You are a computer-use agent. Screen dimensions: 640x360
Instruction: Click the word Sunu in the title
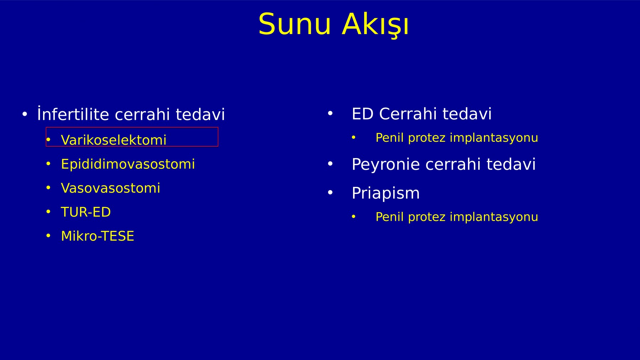click(x=295, y=24)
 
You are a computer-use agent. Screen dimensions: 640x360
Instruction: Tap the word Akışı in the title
click(x=375, y=25)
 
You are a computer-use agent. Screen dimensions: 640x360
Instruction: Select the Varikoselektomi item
click(x=113, y=140)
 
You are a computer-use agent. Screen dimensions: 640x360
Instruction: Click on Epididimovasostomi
click(x=128, y=164)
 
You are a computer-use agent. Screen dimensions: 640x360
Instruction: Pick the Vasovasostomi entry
click(x=110, y=188)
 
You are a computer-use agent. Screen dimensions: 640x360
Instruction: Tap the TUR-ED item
click(x=86, y=212)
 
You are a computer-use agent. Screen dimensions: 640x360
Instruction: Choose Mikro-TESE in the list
click(x=97, y=236)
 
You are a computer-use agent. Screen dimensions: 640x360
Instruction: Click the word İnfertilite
click(x=73, y=114)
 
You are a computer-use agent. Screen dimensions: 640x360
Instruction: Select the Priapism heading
click(x=385, y=193)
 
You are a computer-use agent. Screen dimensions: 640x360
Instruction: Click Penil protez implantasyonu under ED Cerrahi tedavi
click(x=457, y=138)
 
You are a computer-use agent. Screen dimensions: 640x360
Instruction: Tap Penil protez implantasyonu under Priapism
click(x=457, y=217)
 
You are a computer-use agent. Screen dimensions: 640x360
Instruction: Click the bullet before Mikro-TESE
click(x=48, y=236)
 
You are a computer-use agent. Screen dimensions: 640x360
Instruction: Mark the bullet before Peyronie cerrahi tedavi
click(x=330, y=164)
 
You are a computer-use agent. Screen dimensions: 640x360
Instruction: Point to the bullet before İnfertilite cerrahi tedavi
click(x=25, y=114)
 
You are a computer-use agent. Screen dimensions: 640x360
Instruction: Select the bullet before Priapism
click(x=330, y=193)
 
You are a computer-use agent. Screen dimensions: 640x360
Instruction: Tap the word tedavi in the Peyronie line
click(x=511, y=164)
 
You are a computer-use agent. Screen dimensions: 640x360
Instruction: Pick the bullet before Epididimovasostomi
click(x=48, y=163)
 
